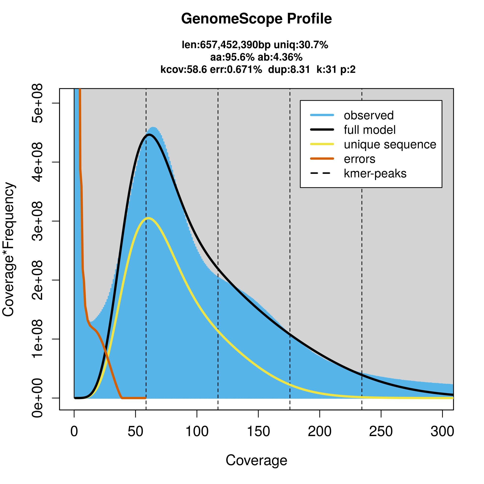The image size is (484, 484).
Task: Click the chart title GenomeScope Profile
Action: point(256,19)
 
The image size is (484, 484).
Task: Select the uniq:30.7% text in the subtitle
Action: point(301,45)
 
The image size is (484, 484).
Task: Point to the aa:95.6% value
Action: point(233,57)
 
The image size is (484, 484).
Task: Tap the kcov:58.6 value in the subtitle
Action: point(183,69)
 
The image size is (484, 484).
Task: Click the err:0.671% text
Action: point(236,69)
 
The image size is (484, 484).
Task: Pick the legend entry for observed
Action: point(369,115)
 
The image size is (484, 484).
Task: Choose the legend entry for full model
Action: point(370,130)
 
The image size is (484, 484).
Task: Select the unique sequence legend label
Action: point(390,144)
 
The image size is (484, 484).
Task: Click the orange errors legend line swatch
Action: point(322,159)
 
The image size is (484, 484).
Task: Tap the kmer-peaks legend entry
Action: point(375,173)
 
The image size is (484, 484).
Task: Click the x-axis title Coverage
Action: point(256,460)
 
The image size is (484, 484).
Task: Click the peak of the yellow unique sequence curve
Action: point(149,218)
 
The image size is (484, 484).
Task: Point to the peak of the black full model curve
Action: point(149,135)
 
